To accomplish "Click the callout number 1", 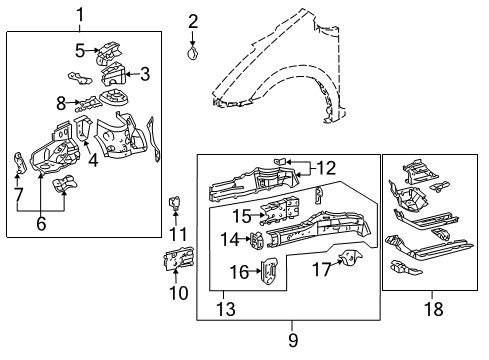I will [x=81, y=15].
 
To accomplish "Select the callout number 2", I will [x=193, y=20].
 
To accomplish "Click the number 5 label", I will [x=79, y=49].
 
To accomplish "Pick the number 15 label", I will [x=241, y=214].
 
